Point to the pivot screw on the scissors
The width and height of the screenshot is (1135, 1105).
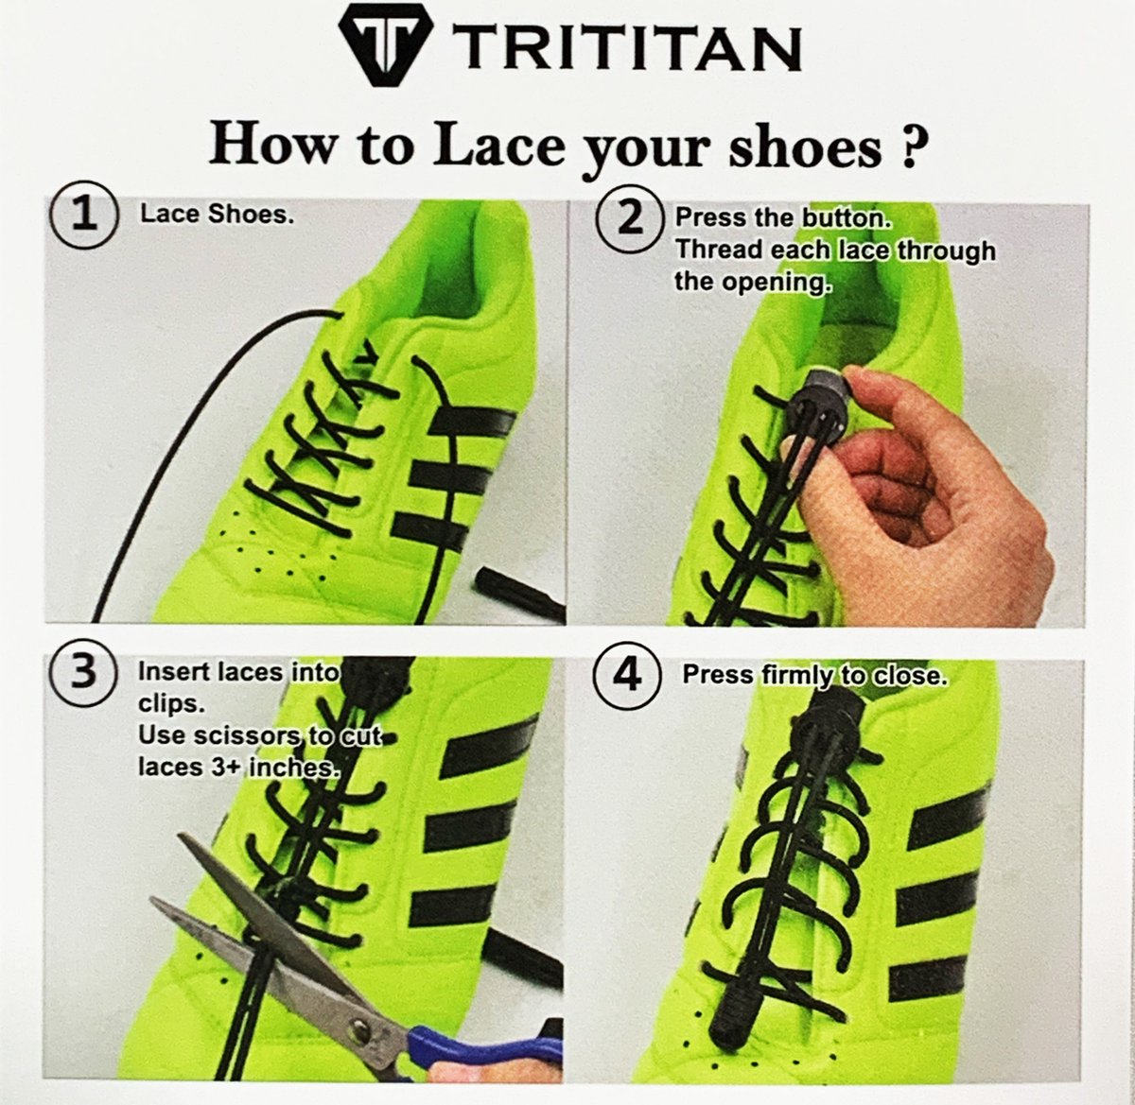[358, 1016]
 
